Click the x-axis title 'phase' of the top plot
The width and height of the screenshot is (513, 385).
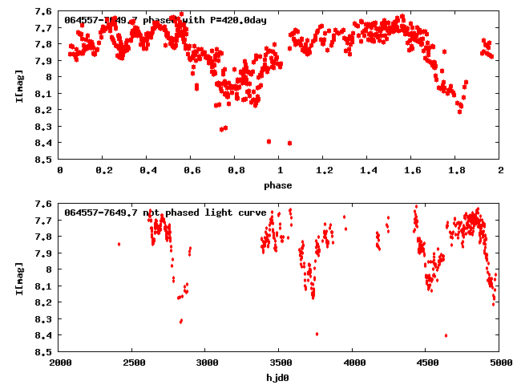point(280,185)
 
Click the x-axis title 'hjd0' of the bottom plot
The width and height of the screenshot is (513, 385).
point(280,378)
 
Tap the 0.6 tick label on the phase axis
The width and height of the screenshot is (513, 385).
point(192,172)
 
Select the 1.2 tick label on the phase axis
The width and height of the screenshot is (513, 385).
point(324,172)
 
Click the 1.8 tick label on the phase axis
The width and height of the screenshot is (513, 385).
point(456,172)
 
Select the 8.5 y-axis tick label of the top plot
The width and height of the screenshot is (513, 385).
point(44,160)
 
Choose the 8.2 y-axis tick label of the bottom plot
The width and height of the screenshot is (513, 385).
point(44,302)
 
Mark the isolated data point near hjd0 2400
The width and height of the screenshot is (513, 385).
point(119,244)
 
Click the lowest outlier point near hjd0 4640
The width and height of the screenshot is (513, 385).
point(446,335)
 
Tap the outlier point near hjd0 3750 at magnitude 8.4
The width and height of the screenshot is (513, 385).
point(317,334)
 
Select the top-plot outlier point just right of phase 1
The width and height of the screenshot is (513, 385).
point(289,143)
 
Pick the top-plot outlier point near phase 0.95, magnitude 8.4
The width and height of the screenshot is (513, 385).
point(269,141)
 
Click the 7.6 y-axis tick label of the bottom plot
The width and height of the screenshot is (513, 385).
point(44,204)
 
